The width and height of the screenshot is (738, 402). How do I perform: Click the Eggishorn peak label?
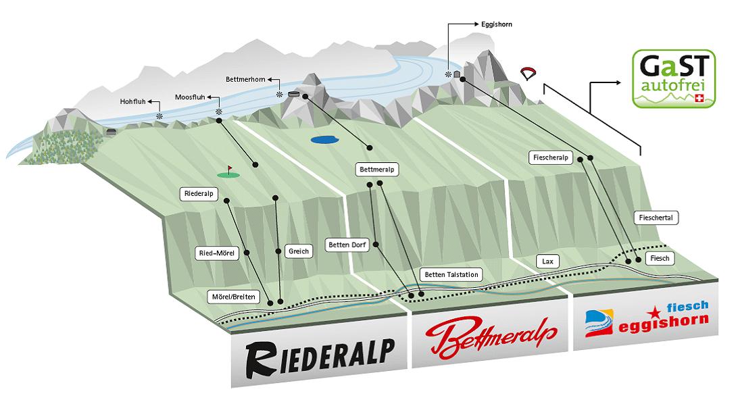click(497, 24)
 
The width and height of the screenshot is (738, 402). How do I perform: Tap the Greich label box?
click(298, 251)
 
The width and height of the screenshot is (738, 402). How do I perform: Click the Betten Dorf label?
click(349, 245)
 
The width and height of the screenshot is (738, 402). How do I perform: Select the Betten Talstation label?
click(451, 274)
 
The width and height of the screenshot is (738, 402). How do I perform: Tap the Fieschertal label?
click(657, 218)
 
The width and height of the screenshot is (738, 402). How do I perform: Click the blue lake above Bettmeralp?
click(323, 141)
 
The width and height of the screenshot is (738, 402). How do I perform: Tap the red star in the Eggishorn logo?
click(654, 311)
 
